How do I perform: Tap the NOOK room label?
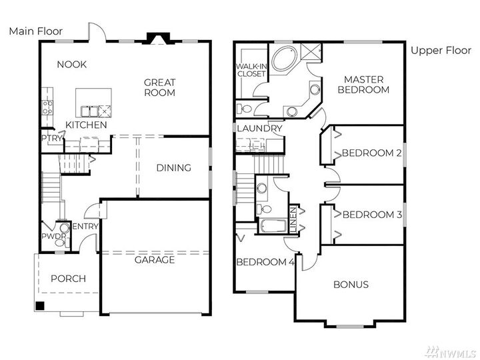tap(72, 64)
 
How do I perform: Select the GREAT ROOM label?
tap(160, 87)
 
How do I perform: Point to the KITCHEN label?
tap(86, 125)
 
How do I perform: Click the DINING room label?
tap(173, 168)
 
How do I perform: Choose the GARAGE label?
tap(155, 259)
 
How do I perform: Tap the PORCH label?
tap(68, 278)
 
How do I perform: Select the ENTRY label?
tap(85, 227)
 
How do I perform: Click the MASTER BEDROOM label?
tap(363, 84)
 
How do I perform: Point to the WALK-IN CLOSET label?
tap(250, 70)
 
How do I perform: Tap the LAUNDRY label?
tap(259, 128)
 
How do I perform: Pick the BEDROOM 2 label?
tap(371, 153)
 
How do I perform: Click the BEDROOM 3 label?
tap(371, 215)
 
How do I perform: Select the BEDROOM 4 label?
tap(265, 262)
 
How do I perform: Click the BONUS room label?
tap(351, 285)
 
